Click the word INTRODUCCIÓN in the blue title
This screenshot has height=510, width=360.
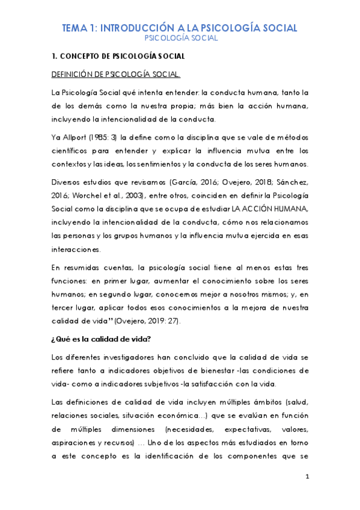tap(130, 28)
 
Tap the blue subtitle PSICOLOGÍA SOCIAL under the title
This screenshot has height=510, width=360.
tap(180, 38)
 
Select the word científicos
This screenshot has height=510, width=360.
tap(72, 150)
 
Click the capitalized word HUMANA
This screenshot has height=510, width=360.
tap(290, 209)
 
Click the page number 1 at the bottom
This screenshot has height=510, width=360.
tap(307, 478)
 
